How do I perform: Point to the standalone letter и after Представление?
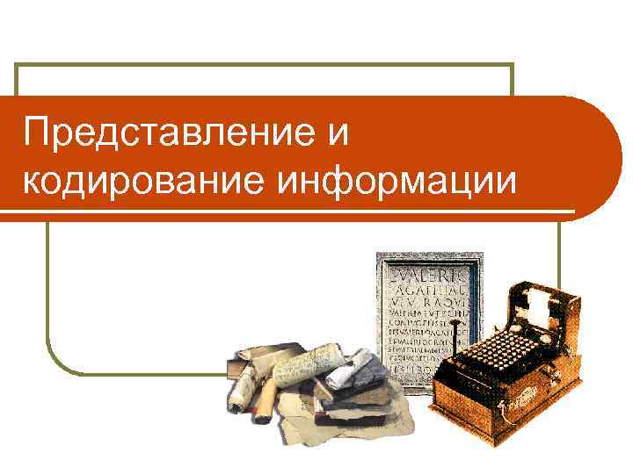336,134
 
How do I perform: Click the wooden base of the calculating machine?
492,413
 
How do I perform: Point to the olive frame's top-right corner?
512,65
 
